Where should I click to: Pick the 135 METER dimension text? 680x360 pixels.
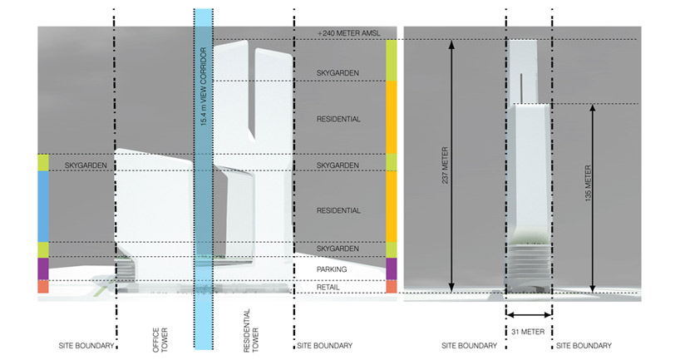[x=589, y=190]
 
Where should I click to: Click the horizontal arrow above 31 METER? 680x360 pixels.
[x=529, y=315]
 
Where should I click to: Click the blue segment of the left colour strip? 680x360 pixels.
[x=43, y=207]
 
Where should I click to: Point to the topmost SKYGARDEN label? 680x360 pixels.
[x=338, y=74]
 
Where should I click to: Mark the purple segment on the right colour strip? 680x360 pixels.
[x=392, y=269]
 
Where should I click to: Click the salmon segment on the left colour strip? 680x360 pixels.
[x=43, y=287]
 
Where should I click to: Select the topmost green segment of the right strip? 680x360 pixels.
[x=392, y=61]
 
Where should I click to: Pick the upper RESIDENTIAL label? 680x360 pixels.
[x=338, y=120]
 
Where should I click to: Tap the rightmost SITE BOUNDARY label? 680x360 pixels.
[x=584, y=346]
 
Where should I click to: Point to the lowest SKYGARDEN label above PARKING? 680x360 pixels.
[x=338, y=249]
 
